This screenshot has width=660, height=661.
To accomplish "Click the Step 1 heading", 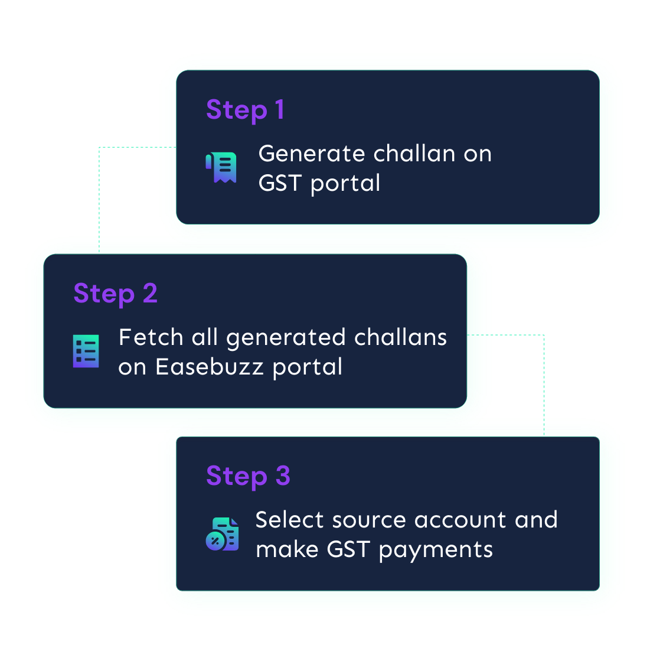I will [x=245, y=110].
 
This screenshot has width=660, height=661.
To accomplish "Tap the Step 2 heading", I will [x=115, y=294].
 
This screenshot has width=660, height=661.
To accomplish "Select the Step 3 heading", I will [x=248, y=476].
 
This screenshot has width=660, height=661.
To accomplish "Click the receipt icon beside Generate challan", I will [x=221, y=168].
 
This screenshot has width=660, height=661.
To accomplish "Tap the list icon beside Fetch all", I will [x=86, y=351].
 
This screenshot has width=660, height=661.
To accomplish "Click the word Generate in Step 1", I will [x=311, y=154].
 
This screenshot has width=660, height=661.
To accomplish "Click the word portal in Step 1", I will [x=345, y=184].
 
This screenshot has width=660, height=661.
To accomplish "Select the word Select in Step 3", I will [x=289, y=520].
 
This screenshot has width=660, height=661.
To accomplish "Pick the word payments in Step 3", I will [x=436, y=550].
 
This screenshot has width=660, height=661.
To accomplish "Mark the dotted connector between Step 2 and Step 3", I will [x=544, y=372].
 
